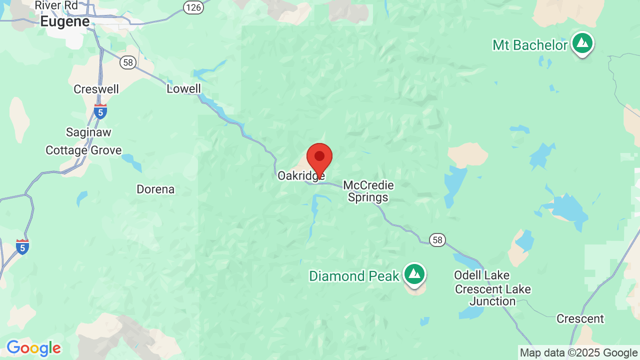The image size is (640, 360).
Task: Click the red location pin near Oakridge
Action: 319,158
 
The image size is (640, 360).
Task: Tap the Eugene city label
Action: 65,21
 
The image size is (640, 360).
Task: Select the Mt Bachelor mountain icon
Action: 582,43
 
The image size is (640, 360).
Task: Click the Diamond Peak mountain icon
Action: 414,274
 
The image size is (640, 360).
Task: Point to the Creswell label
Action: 96,89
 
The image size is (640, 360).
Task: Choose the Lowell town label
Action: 183,89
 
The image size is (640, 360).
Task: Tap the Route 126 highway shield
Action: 192,7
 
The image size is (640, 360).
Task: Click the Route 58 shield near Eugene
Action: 128,62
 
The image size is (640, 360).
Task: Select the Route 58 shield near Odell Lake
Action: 437,240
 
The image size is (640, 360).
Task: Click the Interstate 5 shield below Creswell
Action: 100,111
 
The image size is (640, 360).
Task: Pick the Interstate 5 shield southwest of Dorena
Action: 22,246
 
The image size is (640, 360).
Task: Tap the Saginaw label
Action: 88,132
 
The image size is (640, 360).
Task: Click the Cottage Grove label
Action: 83,150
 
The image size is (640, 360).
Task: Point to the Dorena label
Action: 155,189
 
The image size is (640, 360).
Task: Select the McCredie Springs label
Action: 368,191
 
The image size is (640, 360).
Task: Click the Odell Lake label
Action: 481,275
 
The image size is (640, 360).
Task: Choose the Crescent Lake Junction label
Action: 492,295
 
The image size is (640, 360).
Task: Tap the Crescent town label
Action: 580,319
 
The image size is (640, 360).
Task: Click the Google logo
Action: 33,348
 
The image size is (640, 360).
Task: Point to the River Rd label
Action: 56,5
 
